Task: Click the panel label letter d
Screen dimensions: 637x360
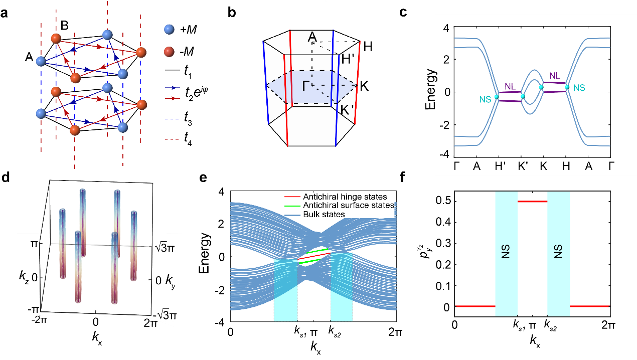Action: [x=6, y=177]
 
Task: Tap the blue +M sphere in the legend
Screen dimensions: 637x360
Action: [x=169, y=29]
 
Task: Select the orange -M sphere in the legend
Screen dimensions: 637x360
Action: [x=169, y=52]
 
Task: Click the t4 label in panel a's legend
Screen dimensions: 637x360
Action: [x=188, y=139]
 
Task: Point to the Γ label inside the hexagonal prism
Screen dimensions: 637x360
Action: [x=305, y=86]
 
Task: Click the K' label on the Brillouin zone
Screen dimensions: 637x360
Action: [x=347, y=110]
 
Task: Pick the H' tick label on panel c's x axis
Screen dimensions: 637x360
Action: [x=500, y=166]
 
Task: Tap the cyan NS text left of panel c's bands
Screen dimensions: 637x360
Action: [x=485, y=99]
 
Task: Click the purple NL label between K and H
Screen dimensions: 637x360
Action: [x=555, y=76]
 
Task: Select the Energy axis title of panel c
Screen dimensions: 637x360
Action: [x=430, y=89]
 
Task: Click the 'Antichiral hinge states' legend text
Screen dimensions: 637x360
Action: [x=345, y=197]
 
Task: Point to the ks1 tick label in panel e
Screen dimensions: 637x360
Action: [x=300, y=331]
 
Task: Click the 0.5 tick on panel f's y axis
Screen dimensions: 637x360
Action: [x=442, y=202]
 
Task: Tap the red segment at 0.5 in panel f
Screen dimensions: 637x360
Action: [x=532, y=202]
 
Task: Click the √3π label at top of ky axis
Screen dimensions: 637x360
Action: [x=165, y=248]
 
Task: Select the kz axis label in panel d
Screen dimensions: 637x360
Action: [x=24, y=277]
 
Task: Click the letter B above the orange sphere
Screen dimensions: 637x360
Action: [x=65, y=26]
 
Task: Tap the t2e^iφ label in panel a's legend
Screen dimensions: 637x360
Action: [x=196, y=92]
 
